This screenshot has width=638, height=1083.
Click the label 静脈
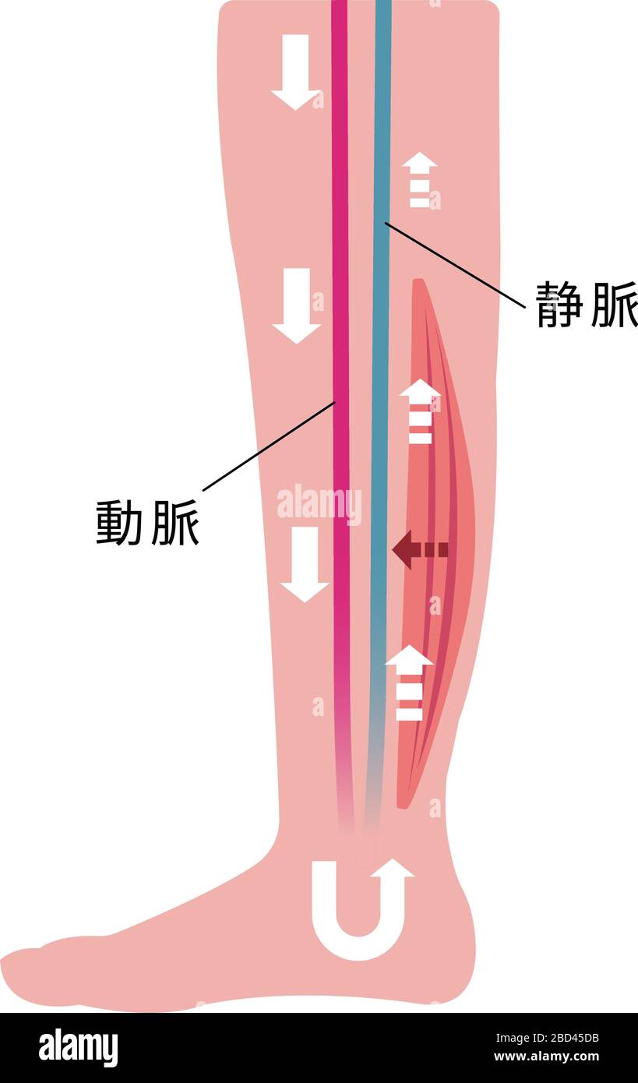586,304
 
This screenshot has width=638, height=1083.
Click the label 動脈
147,523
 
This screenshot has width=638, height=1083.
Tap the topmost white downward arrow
295,72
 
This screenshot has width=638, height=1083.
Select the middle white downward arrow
296,305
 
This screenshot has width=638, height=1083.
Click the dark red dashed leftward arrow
420,550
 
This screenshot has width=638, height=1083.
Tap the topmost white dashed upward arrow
420,180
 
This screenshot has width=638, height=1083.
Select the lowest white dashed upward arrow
409,683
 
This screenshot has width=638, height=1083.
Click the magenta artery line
340,234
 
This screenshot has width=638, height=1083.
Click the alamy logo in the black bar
78,1048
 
